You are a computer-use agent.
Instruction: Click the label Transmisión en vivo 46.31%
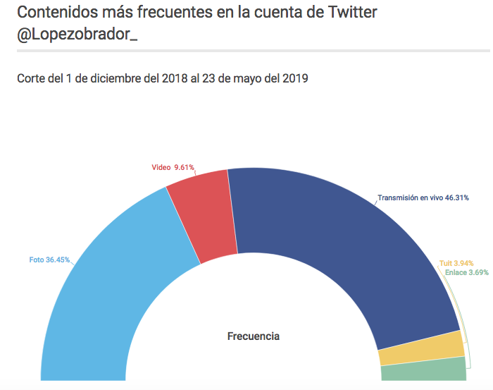[x=423, y=198]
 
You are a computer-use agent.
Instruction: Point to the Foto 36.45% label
[x=49, y=260]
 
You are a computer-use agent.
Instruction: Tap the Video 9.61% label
[x=173, y=168]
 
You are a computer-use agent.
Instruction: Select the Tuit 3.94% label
[x=454, y=263]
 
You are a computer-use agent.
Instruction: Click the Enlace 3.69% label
[x=466, y=272]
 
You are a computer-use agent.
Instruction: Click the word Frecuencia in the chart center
[x=254, y=336]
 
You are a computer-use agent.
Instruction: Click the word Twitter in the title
[x=351, y=12]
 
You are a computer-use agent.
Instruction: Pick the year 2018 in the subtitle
[x=172, y=78]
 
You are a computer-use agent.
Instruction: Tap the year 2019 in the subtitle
[x=292, y=78]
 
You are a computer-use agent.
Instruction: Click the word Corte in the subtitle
[x=32, y=78]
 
